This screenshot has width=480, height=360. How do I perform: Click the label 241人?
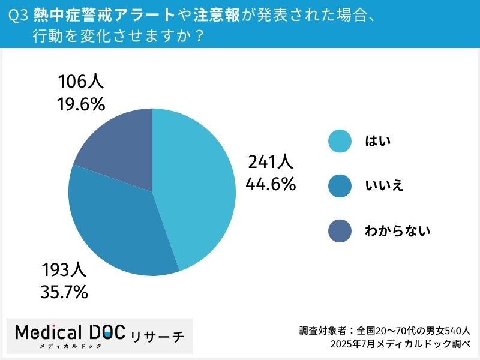[270, 162]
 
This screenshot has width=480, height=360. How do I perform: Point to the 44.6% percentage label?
[271, 184]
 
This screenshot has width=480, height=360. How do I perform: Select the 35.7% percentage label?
[64, 292]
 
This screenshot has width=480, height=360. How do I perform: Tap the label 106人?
[81, 82]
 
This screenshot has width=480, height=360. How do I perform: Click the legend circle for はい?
[340, 142]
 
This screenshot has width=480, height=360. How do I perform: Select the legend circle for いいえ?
[340, 186]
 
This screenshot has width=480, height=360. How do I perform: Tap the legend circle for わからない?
[340, 231]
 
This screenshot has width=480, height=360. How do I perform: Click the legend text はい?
[378, 142]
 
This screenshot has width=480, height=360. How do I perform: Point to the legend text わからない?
[398, 231]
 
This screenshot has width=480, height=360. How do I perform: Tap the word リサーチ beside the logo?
[157, 335]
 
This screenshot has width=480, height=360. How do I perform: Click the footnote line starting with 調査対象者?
[385, 331]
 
